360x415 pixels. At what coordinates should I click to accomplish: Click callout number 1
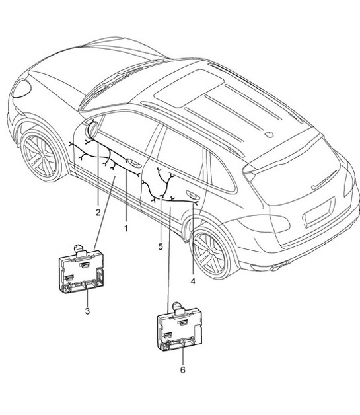(x=126, y=227)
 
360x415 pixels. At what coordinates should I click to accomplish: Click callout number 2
(x=97, y=213)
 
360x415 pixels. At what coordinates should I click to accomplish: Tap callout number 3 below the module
(x=87, y=311)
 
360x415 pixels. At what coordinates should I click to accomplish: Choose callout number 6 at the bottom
(x=182, y=369)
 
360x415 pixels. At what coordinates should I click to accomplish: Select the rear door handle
(x=194, y=194)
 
